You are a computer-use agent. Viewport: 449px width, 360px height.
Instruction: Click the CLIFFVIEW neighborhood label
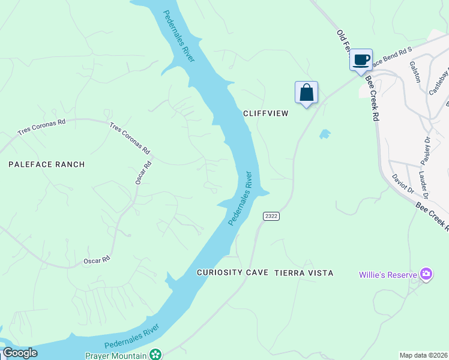(266, 113)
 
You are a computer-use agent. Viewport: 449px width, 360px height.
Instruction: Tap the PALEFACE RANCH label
(46, 164)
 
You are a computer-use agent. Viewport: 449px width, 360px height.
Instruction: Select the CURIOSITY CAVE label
(232, 272)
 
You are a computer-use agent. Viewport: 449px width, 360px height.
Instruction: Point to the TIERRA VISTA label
(304, 272)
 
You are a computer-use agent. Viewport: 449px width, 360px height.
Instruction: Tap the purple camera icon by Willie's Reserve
(426, 274)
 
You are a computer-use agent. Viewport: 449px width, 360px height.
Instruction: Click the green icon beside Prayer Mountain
(155, 355)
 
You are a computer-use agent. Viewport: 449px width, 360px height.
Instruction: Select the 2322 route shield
(271, 215)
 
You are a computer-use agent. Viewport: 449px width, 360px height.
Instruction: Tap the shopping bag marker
(306, 92)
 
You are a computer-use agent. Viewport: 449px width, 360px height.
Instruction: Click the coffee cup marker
(361, 60)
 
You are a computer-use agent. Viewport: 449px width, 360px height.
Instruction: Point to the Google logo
(19, 353)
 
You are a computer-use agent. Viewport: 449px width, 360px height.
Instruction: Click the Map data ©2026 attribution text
(423, 355)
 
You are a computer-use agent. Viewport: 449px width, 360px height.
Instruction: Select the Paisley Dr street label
(426, 151)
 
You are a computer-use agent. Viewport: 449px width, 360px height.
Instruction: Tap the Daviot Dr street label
(403, 184)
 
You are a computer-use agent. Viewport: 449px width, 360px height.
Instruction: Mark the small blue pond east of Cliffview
(325, 134)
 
